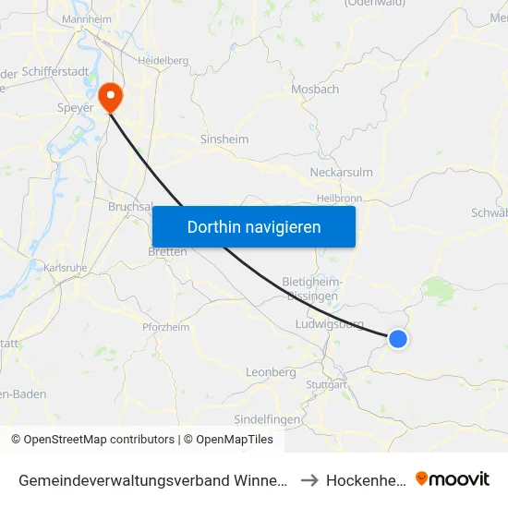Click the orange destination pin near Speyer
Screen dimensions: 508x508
pyautogui.click(x=111, y=95)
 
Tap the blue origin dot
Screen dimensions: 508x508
pyautogui.click(x=398, y=339)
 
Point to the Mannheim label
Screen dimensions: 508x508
pyautogui.click(x=87, y=18)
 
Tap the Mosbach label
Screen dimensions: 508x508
pyautogui.click(x=315, y=90)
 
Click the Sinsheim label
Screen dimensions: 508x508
pyautogui.click(x=224, y=139)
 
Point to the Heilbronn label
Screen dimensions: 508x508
pyautogui.click(x=339, y=198)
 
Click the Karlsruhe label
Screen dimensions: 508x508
pyautogui.click(x=66, y=268)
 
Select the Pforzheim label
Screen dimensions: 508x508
pyautogui.click(x=166, y=327)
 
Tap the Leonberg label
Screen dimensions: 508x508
pyautogui.click(x=271, y=372)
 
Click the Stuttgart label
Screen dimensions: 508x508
pyautogui.click(x=325, y=383)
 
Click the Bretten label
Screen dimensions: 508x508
pyautogui.click(x=167, y=251)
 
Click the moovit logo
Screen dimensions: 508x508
pyautogui.click(x=453, y=478)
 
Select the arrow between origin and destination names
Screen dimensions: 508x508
pyautogui.click(x=310, y=479)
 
